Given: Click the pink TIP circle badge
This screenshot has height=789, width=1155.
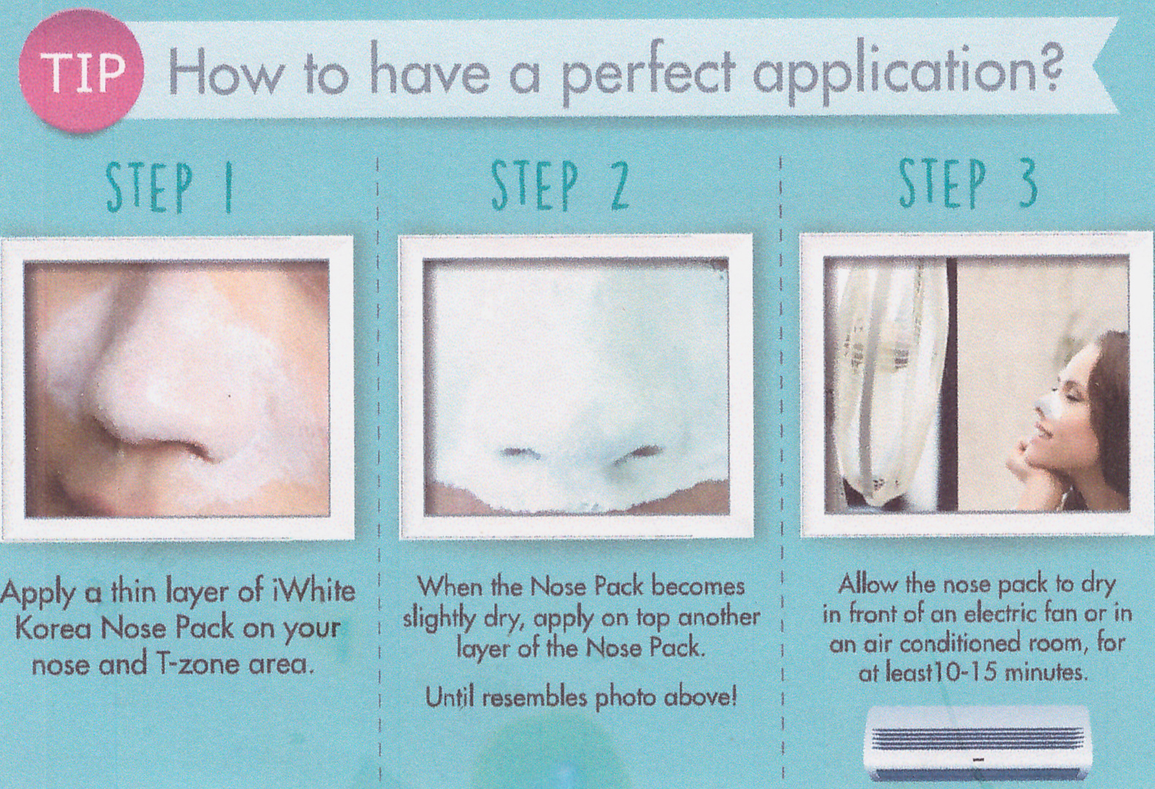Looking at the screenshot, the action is (81, 71).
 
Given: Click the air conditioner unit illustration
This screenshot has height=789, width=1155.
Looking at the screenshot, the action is (978, 743).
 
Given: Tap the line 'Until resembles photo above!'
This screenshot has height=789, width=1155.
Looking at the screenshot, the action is (581, 698).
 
